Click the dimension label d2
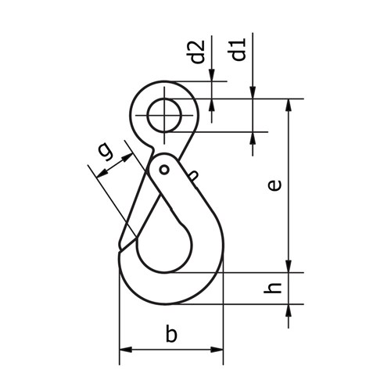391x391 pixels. coord(197,52)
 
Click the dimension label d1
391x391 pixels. coord(237,49)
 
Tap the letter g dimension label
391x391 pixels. coord(106,151)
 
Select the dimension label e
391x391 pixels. coord(274,185)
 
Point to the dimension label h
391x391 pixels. coord(273,288)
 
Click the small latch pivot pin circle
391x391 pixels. coord(164,170)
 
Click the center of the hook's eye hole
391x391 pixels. coord(164,115)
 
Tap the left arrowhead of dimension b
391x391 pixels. coord(126,350)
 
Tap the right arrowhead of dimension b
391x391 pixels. coord(217,350)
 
